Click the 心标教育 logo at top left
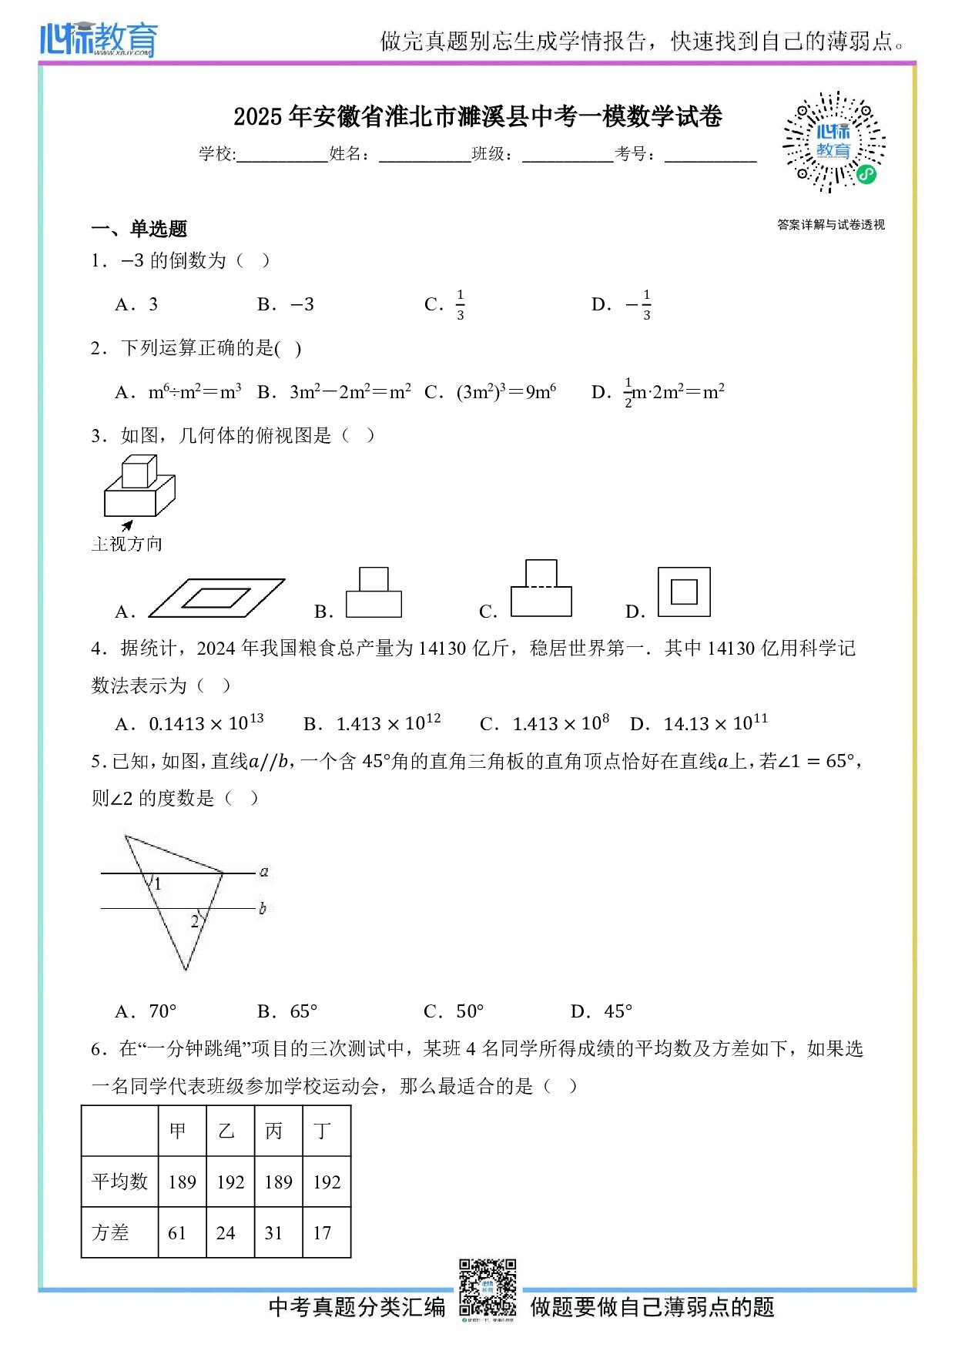[99, 39]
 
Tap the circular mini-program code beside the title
[834, 142]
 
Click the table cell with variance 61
[178, 1233]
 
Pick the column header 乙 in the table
[226, 1131]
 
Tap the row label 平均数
[119, 1182]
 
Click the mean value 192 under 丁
[327, 1182]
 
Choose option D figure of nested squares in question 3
[684, 592]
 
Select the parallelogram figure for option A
[216, 598]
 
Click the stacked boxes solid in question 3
[139, 487]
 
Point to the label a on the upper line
[264, 871]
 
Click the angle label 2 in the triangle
[195, 921]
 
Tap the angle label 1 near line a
[158, 884]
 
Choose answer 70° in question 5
[163, 1011]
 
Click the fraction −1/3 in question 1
[640, 305]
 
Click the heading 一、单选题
[139, 229]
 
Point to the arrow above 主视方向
[127, 525]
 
